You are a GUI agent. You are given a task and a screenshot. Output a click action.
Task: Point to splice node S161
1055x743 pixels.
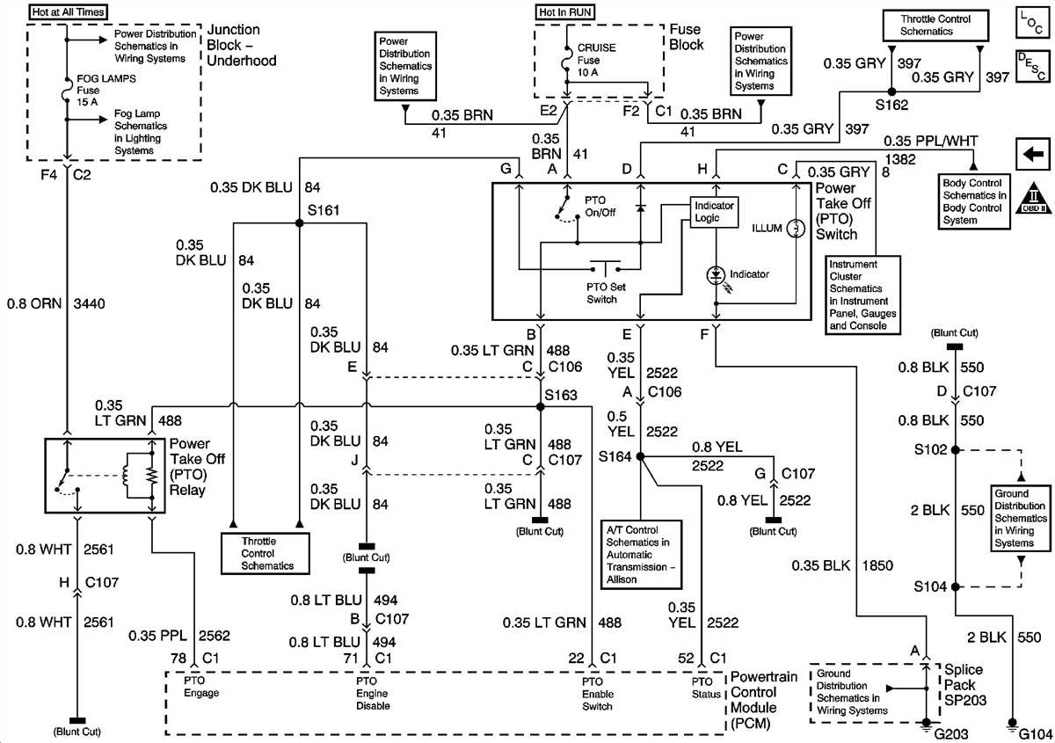[x=299, y=223]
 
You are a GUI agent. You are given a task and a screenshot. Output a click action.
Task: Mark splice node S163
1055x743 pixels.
[x=540, y=407]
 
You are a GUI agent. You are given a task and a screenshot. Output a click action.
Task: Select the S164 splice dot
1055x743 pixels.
[x=640, y=456]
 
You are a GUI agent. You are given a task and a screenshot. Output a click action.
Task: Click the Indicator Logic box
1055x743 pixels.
[x=713, y=212]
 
